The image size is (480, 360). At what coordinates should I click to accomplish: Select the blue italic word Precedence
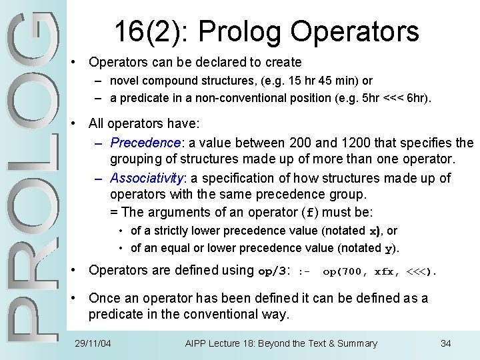click(145, 143)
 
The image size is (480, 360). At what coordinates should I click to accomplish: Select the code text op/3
click(273, 271)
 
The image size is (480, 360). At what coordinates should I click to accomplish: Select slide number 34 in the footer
click(446, 343)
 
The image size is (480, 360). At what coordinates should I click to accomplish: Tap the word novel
click(124, 81)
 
